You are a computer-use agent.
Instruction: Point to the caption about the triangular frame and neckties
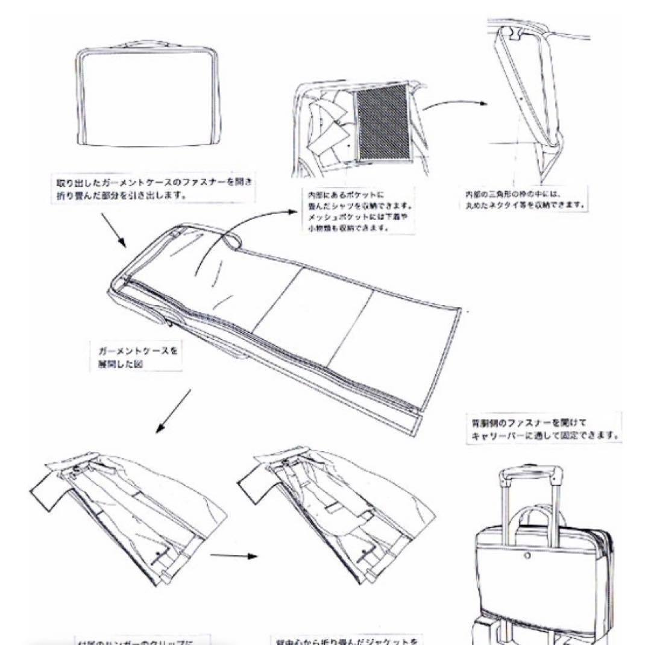click(x=523, y=200)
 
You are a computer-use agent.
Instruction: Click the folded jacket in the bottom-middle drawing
click(x=338, y=512)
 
